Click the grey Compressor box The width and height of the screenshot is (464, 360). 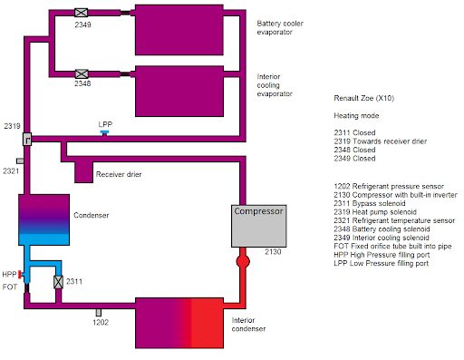point(259,226)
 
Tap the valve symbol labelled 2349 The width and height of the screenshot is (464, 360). point(82,13)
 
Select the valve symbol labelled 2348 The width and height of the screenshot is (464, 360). point(82,74)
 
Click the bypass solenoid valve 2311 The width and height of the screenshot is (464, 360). point(58,282)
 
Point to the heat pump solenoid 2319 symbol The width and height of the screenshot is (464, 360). point(27,139)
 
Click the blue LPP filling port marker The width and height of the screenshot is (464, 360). point(104,132)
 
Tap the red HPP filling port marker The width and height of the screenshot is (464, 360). point(20,275)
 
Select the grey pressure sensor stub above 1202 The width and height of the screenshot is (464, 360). point(99,313)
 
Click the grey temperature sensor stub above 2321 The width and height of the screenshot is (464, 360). point(20,161)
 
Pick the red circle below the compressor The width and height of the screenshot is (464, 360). point(243,261)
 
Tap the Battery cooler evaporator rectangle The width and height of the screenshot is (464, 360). point(179,30)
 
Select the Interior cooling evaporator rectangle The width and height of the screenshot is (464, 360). point(179,92)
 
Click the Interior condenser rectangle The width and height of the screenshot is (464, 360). point(179,323)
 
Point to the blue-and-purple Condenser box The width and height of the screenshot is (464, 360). point(44,219)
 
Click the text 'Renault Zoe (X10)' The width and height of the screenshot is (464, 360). point(363,98)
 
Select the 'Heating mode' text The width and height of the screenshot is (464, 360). point(356,116)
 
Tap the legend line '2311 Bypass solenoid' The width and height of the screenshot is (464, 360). point(370,203)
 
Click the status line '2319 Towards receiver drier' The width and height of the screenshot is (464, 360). point(381,141)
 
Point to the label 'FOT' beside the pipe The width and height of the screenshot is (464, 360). point(10,287)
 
